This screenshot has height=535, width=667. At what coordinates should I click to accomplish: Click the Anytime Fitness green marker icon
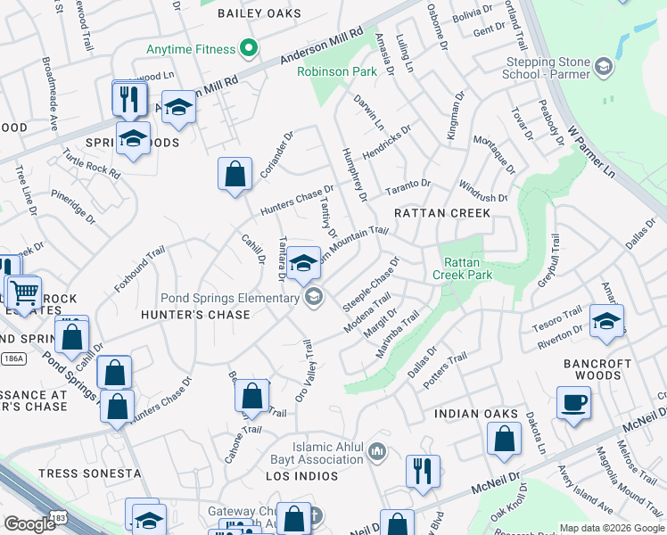tap(250, 48)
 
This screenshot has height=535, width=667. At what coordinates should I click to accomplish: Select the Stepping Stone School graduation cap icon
tap(604, 67)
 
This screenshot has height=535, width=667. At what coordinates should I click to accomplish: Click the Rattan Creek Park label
tap(468, 268)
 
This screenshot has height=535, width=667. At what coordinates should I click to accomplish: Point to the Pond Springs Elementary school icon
tap(312, 298)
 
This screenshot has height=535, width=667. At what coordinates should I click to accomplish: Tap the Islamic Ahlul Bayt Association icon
tap(378, 453)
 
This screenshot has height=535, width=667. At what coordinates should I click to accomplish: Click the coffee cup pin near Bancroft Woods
tap(573, 403)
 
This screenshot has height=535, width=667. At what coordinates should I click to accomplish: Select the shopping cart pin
tap(24, 291)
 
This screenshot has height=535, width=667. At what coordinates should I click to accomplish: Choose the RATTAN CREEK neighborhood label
tap(442, 213)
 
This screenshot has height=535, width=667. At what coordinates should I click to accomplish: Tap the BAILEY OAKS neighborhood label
tap(259, 14)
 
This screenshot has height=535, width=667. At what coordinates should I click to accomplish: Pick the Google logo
tap(30, 523)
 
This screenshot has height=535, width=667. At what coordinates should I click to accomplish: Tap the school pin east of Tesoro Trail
tap(606, 322)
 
